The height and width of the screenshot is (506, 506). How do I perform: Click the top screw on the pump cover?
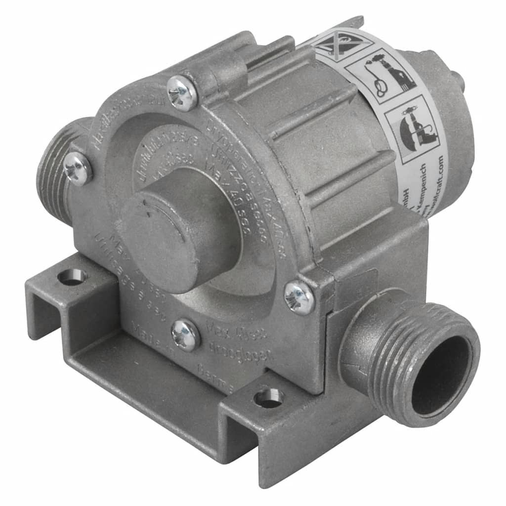[182, 92]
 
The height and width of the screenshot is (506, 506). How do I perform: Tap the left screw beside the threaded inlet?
[78, 168]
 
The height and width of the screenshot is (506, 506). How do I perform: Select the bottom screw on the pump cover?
[185, 335]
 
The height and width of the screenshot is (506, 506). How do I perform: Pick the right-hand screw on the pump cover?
[299, 297]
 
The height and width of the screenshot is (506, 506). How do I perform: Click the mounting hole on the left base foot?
[72, 277]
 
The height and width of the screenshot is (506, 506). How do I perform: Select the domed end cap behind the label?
[445, 114]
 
